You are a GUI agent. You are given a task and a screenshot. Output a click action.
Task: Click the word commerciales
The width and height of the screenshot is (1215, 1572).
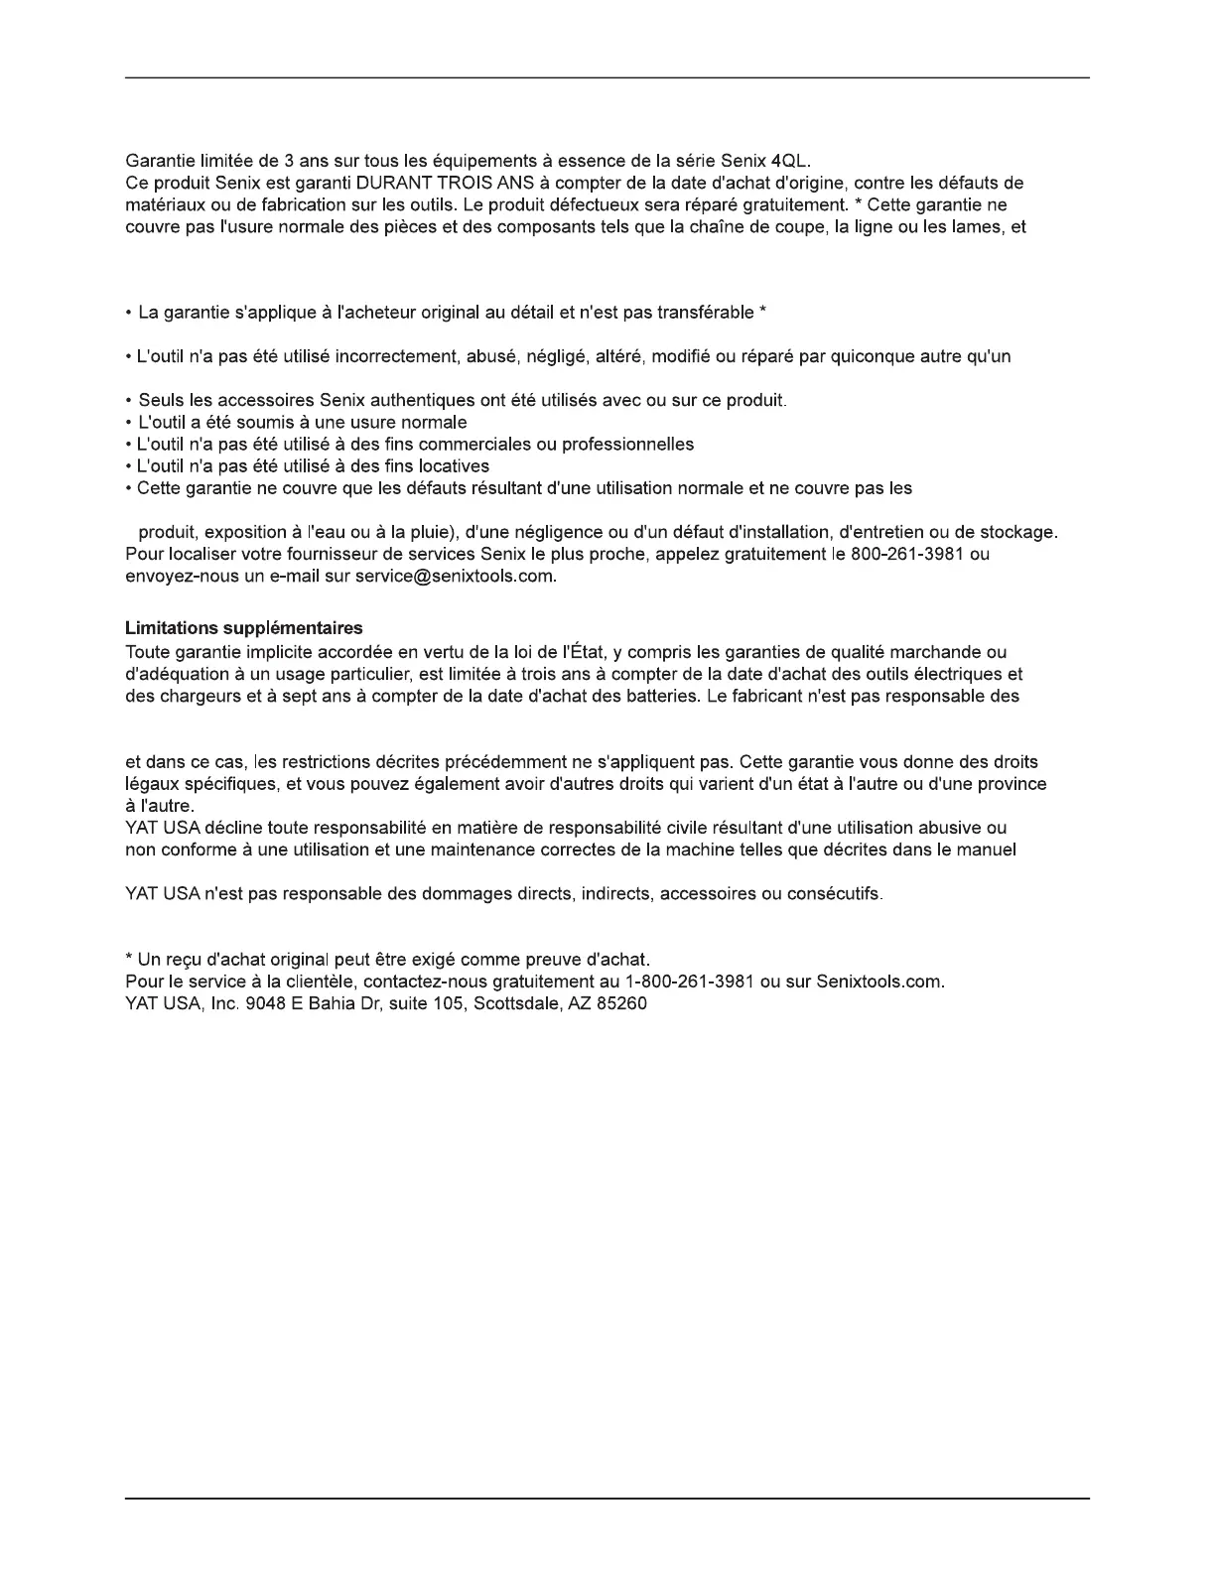click(x=479, y=445)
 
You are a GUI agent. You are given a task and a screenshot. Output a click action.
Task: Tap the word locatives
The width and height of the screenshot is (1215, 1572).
click(x=454, y=466)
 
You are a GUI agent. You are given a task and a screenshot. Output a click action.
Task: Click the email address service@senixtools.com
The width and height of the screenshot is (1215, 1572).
click(x=454, y=576)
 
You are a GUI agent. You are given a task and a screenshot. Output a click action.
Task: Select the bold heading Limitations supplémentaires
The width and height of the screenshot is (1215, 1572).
click(x=244, y=628)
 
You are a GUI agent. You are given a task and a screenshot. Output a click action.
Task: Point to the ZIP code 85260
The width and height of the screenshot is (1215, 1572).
click(x=621, y=1003)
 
